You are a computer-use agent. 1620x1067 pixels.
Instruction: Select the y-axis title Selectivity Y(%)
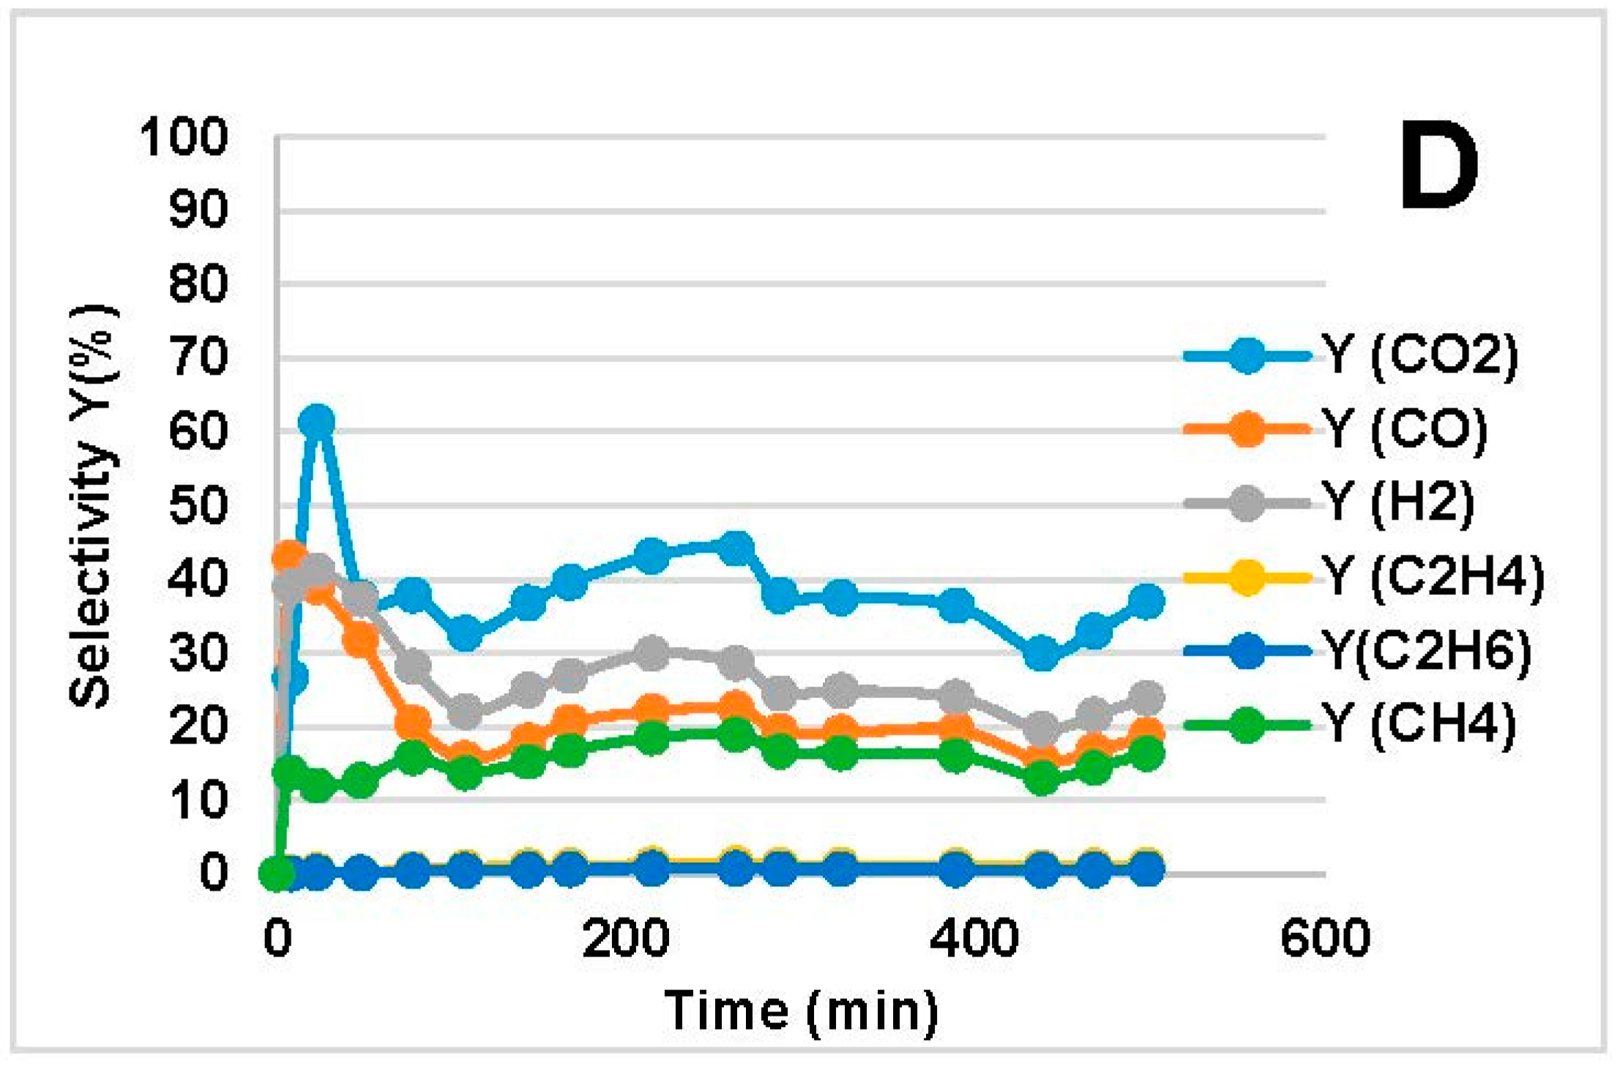(94, 505)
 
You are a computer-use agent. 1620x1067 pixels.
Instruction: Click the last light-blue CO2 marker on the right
(1146, 602)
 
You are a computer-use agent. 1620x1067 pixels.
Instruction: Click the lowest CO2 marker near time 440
(1042, 653)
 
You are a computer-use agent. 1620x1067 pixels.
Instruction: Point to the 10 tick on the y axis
(198, 800)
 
